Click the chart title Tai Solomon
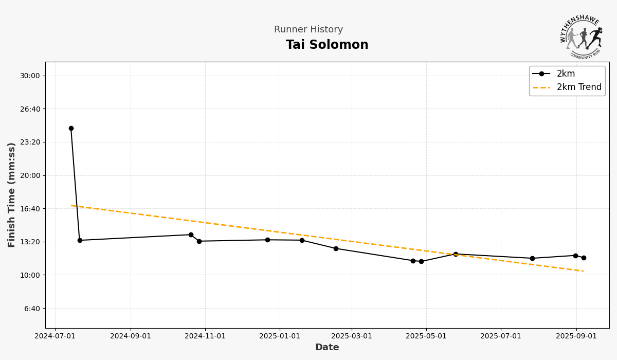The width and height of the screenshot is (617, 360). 327,45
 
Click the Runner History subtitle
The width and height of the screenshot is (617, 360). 308,30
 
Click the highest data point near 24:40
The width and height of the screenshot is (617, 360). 71,129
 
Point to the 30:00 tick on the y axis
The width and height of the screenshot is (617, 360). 29,76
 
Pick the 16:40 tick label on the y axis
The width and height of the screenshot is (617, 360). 29,209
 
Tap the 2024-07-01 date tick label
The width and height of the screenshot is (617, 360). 55,336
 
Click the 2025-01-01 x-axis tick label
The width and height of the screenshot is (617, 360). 280,336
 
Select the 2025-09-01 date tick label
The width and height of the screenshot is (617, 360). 576,336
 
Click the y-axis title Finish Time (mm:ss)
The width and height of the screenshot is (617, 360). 12,195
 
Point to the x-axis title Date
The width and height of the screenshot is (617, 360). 327,348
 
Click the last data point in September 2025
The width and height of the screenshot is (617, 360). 584,258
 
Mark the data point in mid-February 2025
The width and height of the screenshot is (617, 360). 336,249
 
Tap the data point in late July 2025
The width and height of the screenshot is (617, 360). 532,259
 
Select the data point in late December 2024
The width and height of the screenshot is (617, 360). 267,240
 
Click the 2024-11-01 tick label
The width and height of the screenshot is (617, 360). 205,336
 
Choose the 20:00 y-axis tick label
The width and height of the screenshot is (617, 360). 29,175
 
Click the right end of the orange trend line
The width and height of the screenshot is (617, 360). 583,271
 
